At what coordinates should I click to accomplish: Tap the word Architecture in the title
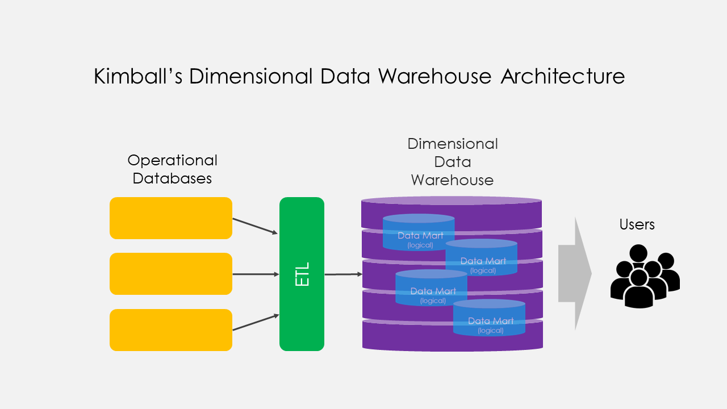coord(562,76)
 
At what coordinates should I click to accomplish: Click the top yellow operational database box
coord(171,218)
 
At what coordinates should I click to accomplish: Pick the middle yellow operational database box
coord(171,274)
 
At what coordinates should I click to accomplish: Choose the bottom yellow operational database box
coord(171,330)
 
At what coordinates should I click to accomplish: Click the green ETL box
coord(302,274)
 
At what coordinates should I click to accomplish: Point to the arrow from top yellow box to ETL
coord(255,226)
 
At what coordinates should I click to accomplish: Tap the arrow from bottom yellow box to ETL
coord(255,322)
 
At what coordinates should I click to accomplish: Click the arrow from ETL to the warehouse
coord(343,274)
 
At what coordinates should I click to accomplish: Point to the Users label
coord(637,224)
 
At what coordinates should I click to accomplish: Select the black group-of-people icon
coord(645,276)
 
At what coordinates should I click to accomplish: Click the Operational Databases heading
coord(172,169)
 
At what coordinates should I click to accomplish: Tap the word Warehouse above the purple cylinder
coord(452,180)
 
